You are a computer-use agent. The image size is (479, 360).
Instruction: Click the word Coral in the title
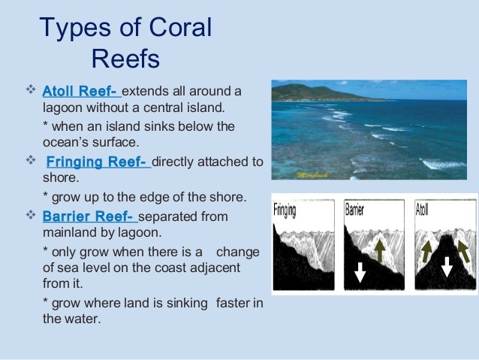180,27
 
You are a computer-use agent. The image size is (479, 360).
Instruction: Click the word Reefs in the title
125,59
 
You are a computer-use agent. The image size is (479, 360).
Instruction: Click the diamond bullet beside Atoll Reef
31,89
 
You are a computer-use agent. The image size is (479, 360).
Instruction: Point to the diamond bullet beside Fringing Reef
31,159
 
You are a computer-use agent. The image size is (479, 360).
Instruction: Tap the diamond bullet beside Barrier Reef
31,214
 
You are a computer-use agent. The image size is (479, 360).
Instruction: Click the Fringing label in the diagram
285,210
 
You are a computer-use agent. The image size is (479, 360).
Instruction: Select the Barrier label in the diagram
354,210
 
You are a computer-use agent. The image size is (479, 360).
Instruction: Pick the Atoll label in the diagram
422,210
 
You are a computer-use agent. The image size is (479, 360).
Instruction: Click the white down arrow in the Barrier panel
360,272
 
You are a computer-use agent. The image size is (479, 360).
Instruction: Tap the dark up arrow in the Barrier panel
380,250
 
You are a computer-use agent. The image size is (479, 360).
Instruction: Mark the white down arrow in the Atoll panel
447,267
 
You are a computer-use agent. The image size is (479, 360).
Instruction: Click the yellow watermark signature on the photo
312,175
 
